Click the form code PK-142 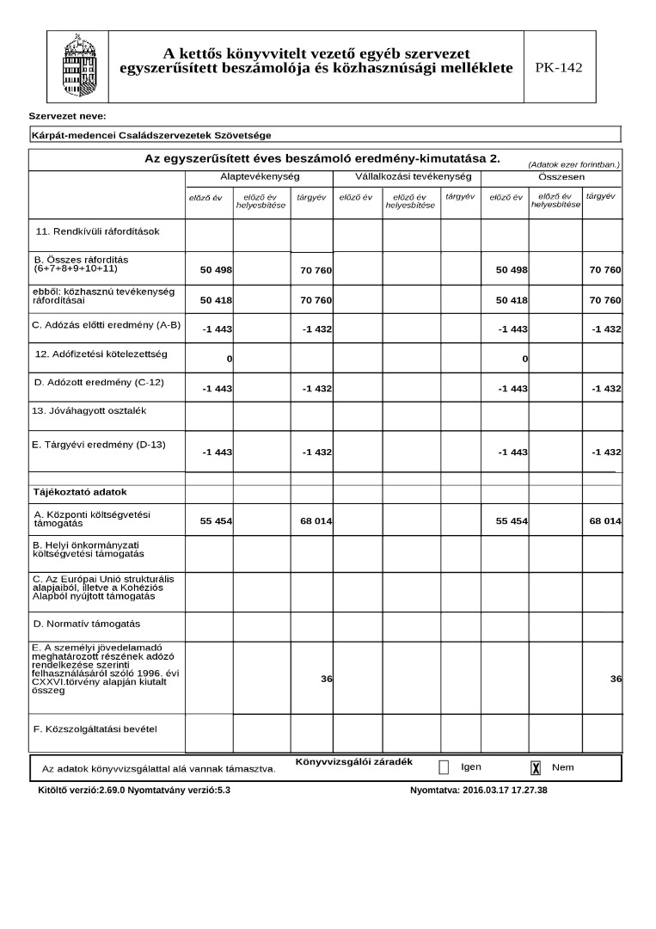[559, 68]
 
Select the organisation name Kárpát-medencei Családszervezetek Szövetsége [151, 136]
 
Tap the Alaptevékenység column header [259, 176]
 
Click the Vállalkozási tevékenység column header [407, 176]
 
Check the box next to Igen [444, 767]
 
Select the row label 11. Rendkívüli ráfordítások [97, 231]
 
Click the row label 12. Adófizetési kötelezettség [101, 354]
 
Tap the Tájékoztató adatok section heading [80, 492]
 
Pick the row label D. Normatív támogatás [87, 623]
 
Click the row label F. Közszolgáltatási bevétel [95, 729]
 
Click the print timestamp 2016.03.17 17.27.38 [505, 789]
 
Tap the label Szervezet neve [67, 115]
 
